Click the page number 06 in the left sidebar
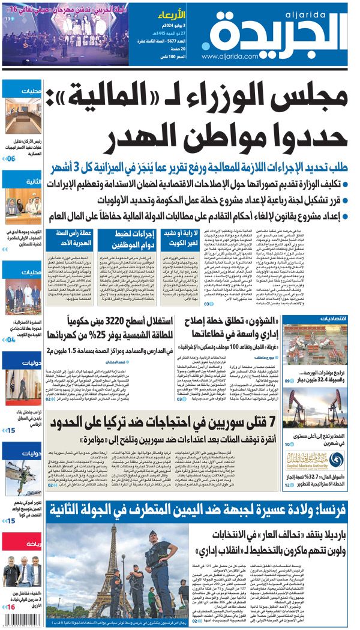(11, 158)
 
